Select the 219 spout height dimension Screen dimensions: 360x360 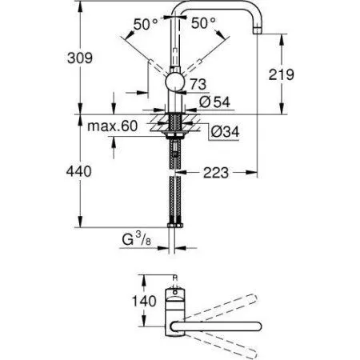coord(306,74)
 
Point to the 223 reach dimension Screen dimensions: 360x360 coord(218,170)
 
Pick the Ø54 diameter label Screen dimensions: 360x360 coord(211,102)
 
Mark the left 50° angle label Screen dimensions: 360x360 coord(145,25)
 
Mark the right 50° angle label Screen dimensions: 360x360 coord(203,25)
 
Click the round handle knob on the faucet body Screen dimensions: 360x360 coord(174,83)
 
